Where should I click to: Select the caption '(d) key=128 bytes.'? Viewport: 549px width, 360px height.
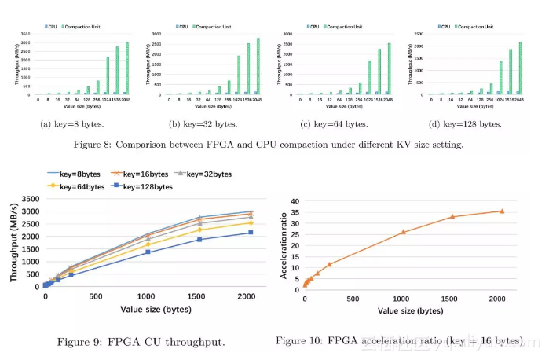coord(469,123)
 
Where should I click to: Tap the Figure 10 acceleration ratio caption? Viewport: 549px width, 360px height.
coord(400,340)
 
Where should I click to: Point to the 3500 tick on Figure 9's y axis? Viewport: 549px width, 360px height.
coord(30,199)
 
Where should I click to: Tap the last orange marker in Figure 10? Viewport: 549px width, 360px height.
coord(501,211)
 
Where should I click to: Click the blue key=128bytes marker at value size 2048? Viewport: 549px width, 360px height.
coord(250,233)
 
